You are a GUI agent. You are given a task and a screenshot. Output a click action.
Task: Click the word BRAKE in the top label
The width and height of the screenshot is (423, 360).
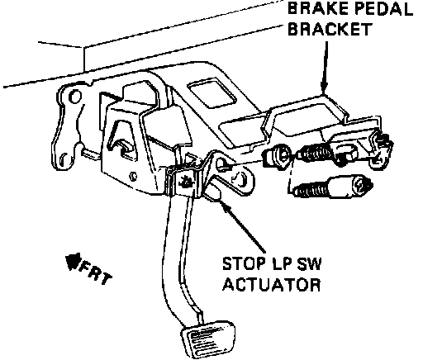pos(318,9)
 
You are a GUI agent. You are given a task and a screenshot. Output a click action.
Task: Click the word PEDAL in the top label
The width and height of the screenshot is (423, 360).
pos(383,9)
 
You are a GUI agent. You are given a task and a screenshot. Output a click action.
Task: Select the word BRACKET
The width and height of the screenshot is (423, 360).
pos(330,29)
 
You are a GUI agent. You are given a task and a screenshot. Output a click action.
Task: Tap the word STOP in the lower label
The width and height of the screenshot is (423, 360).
pos(243,263)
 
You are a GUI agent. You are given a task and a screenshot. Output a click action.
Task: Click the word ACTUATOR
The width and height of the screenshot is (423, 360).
pos(272,284)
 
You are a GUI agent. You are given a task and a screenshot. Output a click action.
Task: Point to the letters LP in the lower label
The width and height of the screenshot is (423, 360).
pos(282,263)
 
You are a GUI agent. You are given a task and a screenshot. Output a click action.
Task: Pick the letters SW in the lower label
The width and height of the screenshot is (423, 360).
pos(309,263)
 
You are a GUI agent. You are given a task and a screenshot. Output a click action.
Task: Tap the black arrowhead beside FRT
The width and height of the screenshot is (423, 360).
pos(73,261)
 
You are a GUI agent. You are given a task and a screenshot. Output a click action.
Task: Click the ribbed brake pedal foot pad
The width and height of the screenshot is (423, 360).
pos(208,339)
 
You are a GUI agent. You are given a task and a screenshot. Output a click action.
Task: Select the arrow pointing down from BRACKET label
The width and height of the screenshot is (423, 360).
pos(326,69)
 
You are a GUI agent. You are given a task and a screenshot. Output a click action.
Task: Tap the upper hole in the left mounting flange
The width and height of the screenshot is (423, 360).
pos(75,97)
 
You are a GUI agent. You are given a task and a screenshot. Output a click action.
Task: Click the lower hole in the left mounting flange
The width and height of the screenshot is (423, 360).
pos(63,159)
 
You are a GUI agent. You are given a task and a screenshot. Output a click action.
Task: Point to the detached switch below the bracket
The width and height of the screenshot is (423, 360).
pos(332,187)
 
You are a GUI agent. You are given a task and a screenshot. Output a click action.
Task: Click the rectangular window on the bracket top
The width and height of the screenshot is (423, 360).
pos(212,93)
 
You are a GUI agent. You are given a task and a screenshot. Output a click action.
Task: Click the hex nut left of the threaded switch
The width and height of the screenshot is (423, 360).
pos(278,157)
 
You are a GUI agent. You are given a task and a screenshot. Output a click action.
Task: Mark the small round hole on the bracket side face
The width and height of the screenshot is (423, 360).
pos(133,176)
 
